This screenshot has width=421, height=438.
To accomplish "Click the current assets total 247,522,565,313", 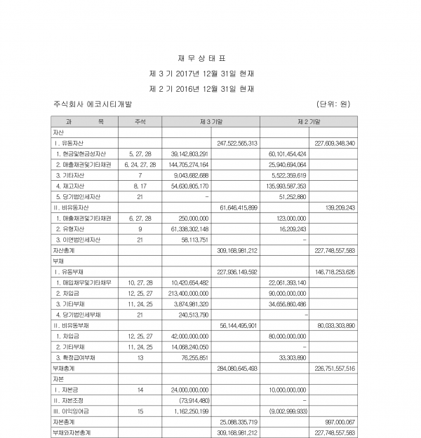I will click(x=239, y=142).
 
